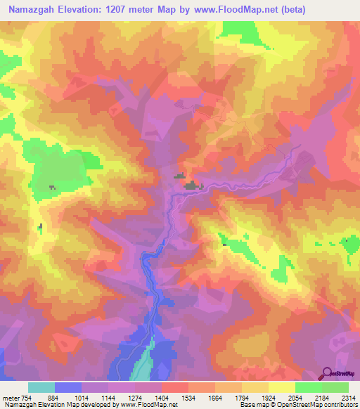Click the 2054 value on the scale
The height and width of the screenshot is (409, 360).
(x=296, y=397)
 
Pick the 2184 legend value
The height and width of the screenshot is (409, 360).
(x=323, y=397)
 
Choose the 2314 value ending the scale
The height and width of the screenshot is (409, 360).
(x=348, y=397)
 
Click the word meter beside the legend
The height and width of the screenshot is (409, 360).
(x=11, y=397)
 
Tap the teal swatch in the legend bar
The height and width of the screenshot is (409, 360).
(x=41, y=387)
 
